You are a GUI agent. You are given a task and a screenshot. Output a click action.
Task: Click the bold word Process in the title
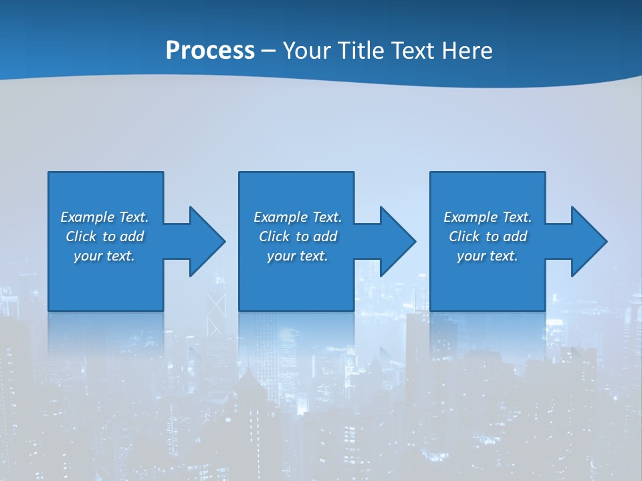point(210,51)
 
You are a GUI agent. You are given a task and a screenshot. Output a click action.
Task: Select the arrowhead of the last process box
point(588,241)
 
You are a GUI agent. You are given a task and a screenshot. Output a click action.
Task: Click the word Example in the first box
point(87,217)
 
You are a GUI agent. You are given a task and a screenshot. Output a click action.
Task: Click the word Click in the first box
point(81,236)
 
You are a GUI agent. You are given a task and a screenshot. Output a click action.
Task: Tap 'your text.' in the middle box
point(297,256)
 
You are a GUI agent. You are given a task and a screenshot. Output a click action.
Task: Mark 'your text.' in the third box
point(487,256)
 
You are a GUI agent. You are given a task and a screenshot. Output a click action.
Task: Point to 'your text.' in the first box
point(104,256)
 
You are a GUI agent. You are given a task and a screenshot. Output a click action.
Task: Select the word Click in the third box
point(464,236)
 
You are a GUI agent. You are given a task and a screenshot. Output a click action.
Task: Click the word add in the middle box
point(325,236)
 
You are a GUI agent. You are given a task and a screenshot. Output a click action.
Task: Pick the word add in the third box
point(515,236)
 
